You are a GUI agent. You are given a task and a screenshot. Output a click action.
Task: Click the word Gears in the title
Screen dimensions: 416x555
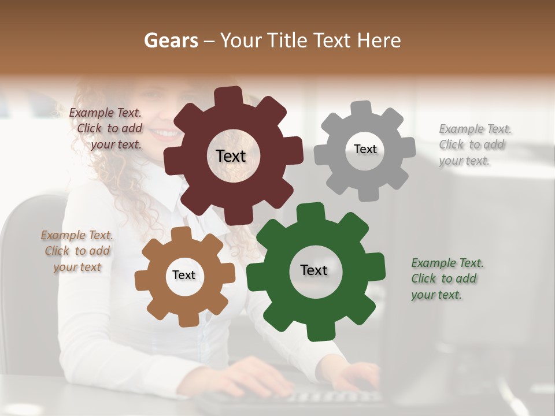pyautogui.click(x=170, y=40)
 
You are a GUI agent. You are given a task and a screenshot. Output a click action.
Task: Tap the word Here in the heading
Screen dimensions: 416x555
pyautogui.click(x=379, y=40)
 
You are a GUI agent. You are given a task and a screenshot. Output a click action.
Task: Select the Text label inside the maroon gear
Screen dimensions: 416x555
pyautogui.click(x=231, y=156)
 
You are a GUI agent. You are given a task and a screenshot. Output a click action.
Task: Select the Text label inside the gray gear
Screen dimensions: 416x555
pyautogui.click(x=365, y=149)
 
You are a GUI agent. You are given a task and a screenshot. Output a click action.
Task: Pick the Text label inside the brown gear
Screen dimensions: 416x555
pyautogui.click(x=183, y=276)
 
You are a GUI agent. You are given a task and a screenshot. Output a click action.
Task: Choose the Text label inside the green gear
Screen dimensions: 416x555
pyautogui.click(x=314, y=270)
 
